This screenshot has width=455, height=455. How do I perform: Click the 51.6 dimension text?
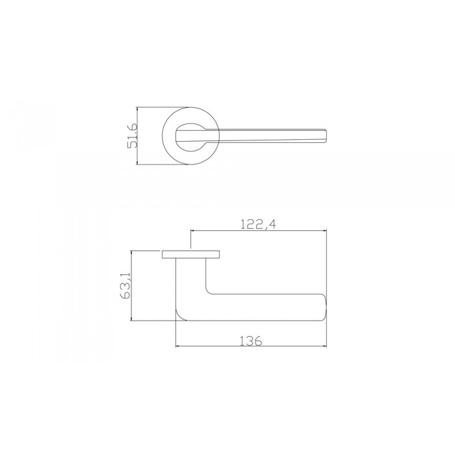click(132, 135)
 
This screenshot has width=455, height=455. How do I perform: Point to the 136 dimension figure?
click(250, 341)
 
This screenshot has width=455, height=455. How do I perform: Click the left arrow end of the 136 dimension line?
click(176, 347)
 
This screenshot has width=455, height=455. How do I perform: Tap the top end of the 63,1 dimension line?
click(133, 250)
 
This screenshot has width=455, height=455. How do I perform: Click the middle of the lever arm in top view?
click(260, 135)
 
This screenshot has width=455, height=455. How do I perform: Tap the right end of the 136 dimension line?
click(326, 347)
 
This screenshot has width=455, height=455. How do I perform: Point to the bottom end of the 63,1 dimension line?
click(133, 320)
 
